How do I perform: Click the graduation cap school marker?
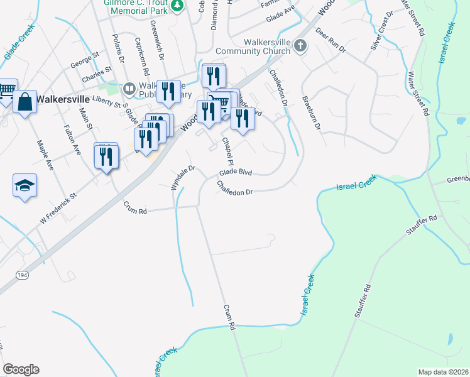(25, 185)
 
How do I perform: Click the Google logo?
(21, 369)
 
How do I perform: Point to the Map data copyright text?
(443, 372)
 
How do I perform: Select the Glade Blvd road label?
(236, 173)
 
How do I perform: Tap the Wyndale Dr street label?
(184, 177)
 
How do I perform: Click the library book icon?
(130, 89)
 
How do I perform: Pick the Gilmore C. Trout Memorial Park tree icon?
(178, 5)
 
